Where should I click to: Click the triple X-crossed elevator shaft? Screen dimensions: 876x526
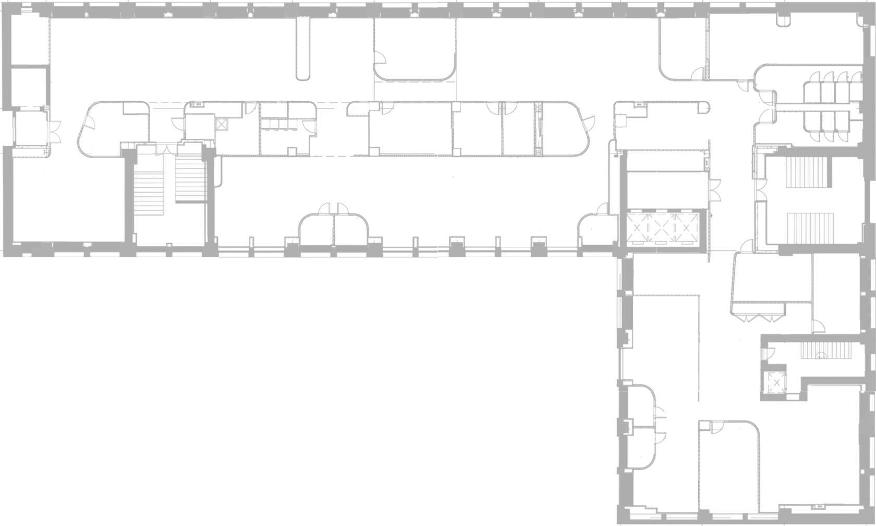(662, 228)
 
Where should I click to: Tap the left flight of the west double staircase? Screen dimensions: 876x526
(150, 192)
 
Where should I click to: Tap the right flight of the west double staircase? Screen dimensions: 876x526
(188, 179)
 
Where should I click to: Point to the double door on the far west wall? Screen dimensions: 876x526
(55, 130)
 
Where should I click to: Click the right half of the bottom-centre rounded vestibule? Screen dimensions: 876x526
(350, 228)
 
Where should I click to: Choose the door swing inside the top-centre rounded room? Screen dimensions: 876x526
(383, 56)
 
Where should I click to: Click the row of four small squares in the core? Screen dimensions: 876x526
(278, 125)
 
